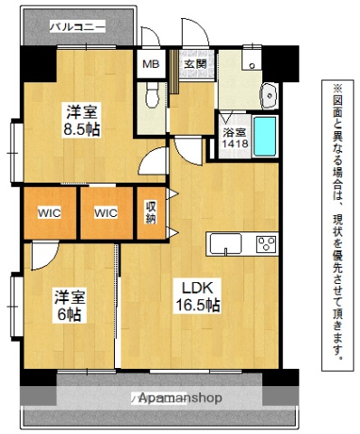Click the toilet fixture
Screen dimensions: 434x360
pyautogui.click(x=152, y=93)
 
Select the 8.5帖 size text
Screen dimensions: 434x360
pyautogui.click(x=81, y=128)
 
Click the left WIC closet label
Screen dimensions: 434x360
pyautogui.click(x=49, y=213)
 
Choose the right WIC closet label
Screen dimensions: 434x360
pyautogui.click(x=106, y=213)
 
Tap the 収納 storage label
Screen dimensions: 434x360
pyautogui.click(x=150, y=212)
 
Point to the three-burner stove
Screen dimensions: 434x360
pyautogui.click(x=265, y=243)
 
